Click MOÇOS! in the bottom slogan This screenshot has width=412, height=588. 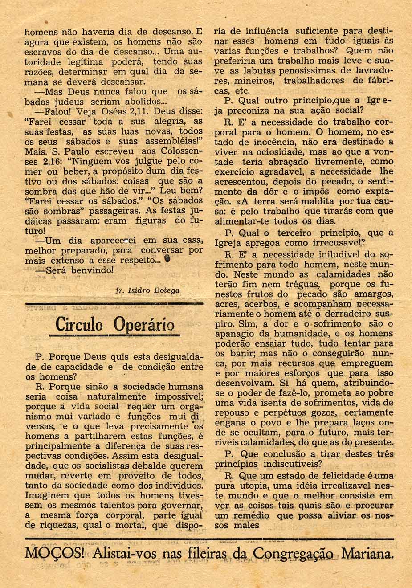[x=54, y=555]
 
